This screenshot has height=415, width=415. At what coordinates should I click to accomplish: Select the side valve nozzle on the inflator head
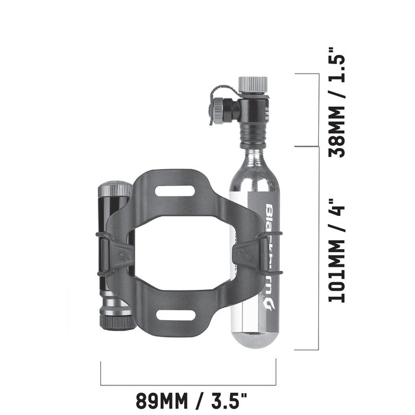pyautogui.click(x=221, y=108)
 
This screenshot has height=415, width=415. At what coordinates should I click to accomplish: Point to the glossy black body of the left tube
pyautogui.click(x=110, y=219)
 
